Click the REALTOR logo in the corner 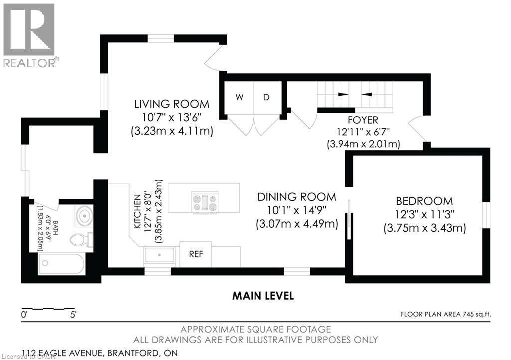pyautogui.click(x=29, y=35)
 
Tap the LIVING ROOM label pyautogui.click(x=171, y=104)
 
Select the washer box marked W pyautogui.click(x=239, y=97)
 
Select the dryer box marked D pyautogui.click(x=266, y=97)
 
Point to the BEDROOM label pyautogui.click(x=424, y=201)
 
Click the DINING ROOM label pyautogui.click(x=296, y=197)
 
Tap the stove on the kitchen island pyautogui.click(x=205, y=202)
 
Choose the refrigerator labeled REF pyautogui.click(x=195, y=253)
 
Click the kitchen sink pyautogui.click(x=159, y=255)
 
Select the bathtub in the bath pyautogui.click(x=61, y=263)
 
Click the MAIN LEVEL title pyautogui.click(x=263, y=296)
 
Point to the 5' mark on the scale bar pyautogui.click(x=73, y=315)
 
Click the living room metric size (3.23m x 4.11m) pyautogui.click(x=171, y=131)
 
